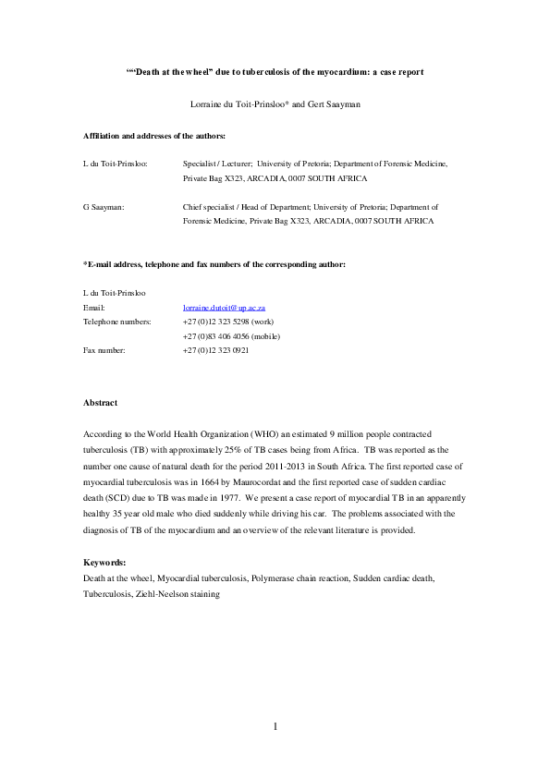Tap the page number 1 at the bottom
pyautogui.click(x=275, y=726)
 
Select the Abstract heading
pyautogui.click(x=100, y=403)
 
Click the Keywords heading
pyautogui.click(x=104, y=562)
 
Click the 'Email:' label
pyautogui.click(x=94, y=307)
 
